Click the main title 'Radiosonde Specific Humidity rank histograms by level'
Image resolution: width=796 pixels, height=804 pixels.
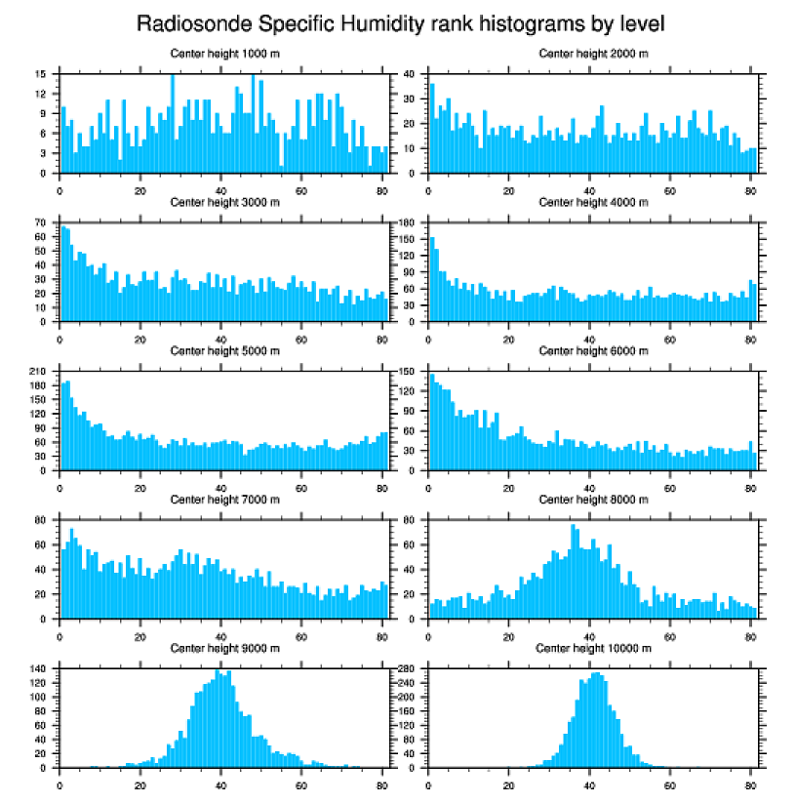click(x=399, y=22)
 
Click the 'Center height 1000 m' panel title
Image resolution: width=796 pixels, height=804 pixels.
click(x=224, y=54)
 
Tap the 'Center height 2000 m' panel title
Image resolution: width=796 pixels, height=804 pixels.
click(x=593, y=54)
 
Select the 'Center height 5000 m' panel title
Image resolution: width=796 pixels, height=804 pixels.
click(x=224, y=351)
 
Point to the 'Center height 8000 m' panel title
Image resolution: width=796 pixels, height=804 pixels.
click(x=593, y=500)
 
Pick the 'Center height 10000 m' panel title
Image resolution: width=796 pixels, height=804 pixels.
click(x=593, y=648)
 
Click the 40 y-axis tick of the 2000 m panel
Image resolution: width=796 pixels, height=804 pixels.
click(x=410, y=74)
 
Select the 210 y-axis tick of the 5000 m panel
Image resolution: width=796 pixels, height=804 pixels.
click(x=38, y=372)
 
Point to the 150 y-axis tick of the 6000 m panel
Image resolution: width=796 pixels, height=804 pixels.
click(x=408, y=372)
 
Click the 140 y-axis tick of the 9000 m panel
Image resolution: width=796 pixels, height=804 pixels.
click(x=38, y=668)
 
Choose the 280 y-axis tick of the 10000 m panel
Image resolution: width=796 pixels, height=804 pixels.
click(x=408, y=668)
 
